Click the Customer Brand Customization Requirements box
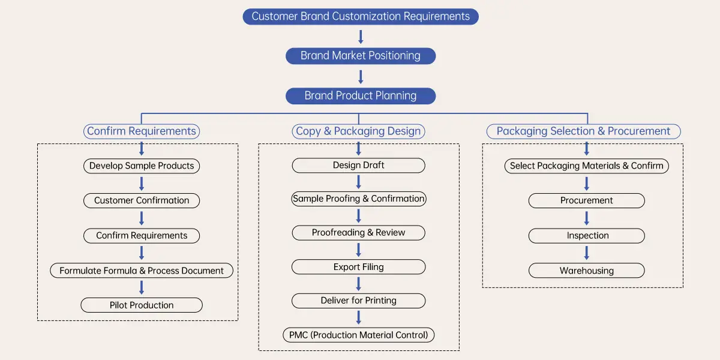click(x=361, y=16)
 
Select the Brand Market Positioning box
click(x=361, y=56)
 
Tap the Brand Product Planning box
click(x=361, y=95)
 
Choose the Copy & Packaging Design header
click(x=359, y=131)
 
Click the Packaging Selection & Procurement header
click(x=583, y=131)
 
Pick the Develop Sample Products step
click(x=142, y=166)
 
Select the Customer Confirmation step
click(x=142, y=200)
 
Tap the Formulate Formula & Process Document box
click(x=142, y=271)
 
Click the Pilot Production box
click(x=142, y=305)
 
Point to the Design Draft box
click(x=359, y=165)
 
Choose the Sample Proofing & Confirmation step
click(x=359, y=199)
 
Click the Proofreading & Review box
click(x=359, y=233)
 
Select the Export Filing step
click(x=359, y=267)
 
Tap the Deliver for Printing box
click(x=359, y=301)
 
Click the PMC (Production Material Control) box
click(x=359, y=335)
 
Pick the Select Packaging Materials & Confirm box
click(x=587, y=166)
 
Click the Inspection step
click(x=587, y=236)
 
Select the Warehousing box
click(x=587, y=271)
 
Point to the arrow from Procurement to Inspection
click(x=587, y=218)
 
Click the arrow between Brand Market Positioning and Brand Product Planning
click(x=361, y=76)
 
